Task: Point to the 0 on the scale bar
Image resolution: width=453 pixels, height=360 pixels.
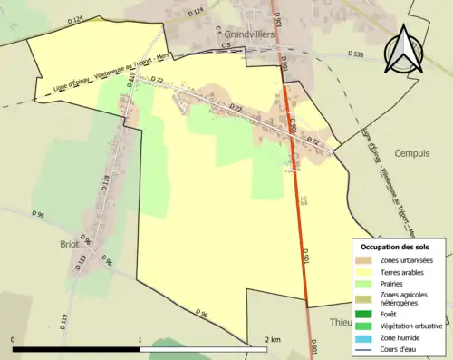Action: tap(14, 339)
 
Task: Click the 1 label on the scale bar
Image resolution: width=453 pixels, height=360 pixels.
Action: tap(140, 339)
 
